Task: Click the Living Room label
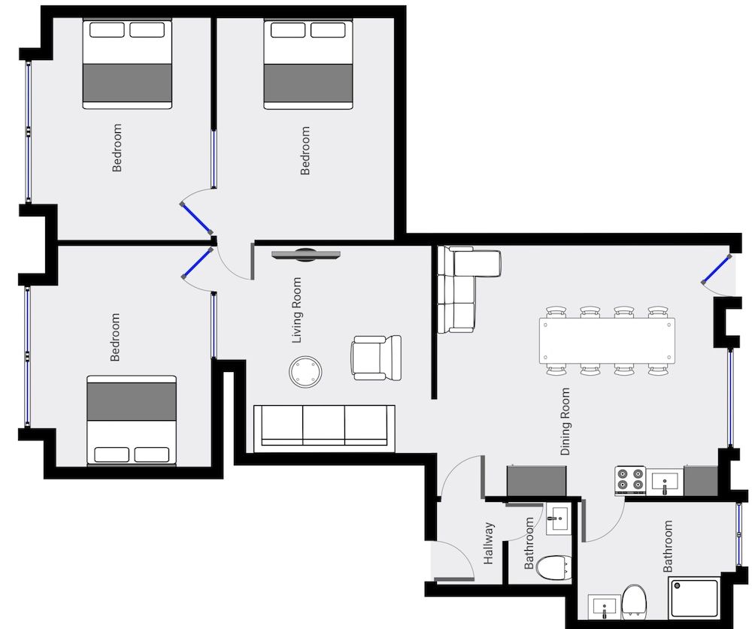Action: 297,310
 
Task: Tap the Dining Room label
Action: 566,422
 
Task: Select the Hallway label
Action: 488,543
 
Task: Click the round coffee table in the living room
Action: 305,371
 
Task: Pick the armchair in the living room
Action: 376,358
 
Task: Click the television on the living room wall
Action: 305,255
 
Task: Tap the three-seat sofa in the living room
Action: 324,428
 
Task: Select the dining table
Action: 607,340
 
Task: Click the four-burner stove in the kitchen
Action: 630,481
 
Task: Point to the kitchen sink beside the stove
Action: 665,482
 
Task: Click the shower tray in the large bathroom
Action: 694,598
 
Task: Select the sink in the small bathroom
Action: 558,519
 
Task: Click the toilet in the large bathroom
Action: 635,601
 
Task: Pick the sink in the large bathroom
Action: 605,607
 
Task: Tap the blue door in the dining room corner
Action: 716,269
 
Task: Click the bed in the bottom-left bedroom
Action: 132,420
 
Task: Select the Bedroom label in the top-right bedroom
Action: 305,150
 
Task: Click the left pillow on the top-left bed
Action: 107,30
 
